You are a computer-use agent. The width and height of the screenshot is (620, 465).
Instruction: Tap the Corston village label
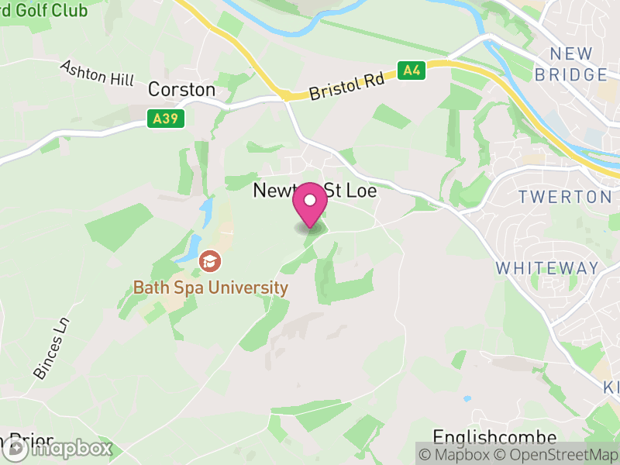coord(181,90)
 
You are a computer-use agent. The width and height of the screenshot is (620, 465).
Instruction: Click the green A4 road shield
coord(413,71)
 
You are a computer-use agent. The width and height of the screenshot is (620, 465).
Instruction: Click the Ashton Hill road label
coord(97,74)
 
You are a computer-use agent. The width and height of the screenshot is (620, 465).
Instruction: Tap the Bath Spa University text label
coord(210,288)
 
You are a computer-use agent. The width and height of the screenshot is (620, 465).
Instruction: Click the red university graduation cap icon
coord(209,261)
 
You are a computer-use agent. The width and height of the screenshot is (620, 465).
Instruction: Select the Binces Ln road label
coord(51,348)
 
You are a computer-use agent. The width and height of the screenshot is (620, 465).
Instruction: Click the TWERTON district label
coord(565,197)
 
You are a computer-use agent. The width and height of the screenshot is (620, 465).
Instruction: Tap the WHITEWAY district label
coord(547,268)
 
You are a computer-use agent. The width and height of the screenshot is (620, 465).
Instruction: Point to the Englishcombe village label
coord(494,437)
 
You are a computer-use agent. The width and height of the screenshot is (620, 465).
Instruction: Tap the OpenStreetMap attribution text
coord(555,454)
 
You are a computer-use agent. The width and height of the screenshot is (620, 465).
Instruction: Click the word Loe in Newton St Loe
coord(360,191)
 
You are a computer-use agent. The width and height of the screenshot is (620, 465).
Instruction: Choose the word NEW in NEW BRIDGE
coord(571,54)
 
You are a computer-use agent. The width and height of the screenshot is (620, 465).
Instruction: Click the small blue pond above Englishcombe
coord(467,399)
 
